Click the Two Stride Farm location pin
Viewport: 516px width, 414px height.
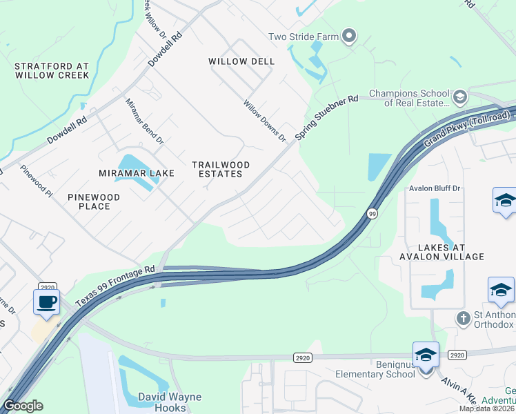[349, 35]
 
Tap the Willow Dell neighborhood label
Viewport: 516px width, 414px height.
[241, 61]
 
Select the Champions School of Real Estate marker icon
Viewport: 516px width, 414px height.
[460, 95]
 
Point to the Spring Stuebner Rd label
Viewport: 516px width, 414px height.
[327, 118]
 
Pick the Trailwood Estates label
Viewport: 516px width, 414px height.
[220, 169]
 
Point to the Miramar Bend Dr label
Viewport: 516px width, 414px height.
[143, 121]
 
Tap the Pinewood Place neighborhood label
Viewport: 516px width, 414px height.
[94, 201]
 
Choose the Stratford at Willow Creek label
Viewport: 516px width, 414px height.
[52, 70]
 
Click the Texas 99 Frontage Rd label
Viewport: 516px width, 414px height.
[115, 280]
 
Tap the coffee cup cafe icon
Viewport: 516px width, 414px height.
[46, 302]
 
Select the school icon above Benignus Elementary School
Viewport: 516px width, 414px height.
[426, 355]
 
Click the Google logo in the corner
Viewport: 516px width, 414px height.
[23, 406]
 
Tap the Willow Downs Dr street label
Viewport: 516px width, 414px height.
[264, 121]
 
